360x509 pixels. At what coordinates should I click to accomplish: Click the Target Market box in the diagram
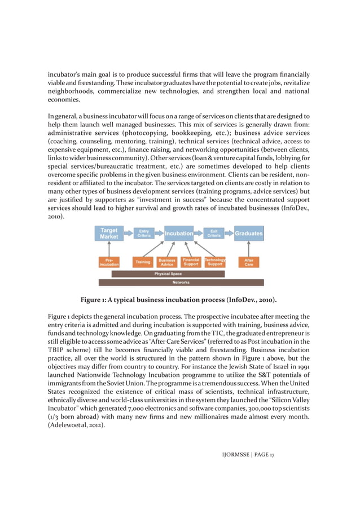(x=109, y=234)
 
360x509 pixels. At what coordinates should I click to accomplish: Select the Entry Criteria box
(x=144, y=233)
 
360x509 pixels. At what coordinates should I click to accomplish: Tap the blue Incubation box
(x=179, y=233)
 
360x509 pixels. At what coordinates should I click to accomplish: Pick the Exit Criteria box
(x=214, y=233)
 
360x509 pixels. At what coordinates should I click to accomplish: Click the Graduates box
(x=248, y=233)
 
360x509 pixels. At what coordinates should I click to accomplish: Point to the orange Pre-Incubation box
(x=109, y=262)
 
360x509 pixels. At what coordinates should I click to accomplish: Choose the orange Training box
(x=143, y=262)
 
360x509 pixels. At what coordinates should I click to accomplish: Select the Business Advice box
(x=167, y=262)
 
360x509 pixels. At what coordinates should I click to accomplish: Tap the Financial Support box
(x=191, y=262)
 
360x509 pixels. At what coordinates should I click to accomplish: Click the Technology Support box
(x=215, y=262)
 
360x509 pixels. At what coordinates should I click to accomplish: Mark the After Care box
(x=248, y=262)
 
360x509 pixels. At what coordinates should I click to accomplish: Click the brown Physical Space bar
(x=168, y=274)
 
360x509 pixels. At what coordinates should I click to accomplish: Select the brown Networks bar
(x=181, y=282)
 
